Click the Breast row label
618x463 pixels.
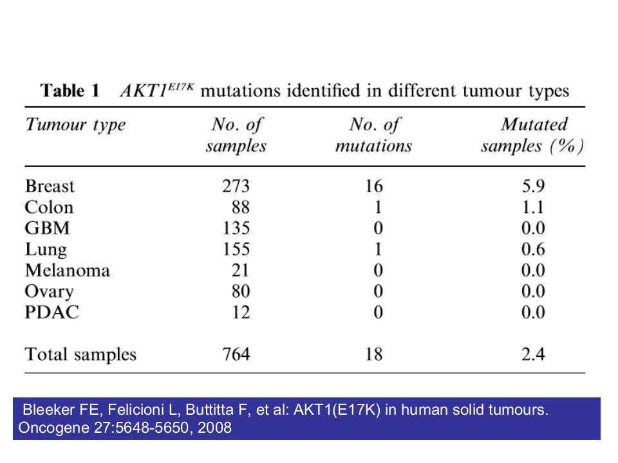coord(50,186)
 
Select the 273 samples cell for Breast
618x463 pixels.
coord(236,186)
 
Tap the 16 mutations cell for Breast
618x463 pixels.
coord(373,186)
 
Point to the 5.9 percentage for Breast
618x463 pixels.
coord(533,186)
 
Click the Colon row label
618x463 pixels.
coord(49,207)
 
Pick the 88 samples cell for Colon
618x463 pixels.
coord(240,207)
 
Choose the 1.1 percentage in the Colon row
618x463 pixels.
coord(533,207)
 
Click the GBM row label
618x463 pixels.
coord(47,228)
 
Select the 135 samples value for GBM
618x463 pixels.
coord(236,228)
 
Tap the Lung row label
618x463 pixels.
coord(46,250)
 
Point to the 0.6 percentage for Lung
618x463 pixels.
coord(533,250)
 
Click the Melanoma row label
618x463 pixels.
coord(68,271)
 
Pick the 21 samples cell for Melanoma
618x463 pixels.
coord(240,271)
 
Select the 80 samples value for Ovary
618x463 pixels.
coord(240,291)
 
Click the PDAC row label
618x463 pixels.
coord(51,313)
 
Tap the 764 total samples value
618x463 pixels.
coord(236,354)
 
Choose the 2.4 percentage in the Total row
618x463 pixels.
coord(533,354)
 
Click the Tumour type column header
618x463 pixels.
coord(76,125)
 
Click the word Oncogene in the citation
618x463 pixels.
coord(53,428)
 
